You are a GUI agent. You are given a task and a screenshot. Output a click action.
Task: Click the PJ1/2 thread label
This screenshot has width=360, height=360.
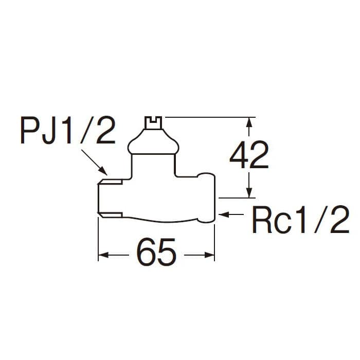point(68,130)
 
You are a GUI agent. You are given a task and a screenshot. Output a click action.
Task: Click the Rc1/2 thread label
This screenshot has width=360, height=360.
point(300,219)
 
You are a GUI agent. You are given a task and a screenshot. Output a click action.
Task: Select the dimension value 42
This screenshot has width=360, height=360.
point(249,155)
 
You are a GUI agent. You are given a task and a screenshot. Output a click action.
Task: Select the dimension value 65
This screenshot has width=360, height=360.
point(156,252)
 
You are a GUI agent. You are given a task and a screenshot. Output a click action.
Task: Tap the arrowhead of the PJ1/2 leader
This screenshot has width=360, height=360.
point(103,171)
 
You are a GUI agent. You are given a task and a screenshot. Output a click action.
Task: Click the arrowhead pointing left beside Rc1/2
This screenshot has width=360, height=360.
point(224,214)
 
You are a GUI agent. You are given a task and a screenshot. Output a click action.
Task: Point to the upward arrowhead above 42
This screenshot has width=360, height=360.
point(249,122)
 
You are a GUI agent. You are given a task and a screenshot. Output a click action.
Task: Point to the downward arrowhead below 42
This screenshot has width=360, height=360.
point(249,192)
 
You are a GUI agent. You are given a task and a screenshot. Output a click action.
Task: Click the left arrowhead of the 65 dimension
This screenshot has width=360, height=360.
point(103,255)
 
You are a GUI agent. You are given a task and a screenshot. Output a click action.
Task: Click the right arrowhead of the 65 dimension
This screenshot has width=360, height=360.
point(209,255)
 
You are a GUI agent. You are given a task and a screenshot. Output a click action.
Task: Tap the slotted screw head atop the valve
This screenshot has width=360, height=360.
point(153,122)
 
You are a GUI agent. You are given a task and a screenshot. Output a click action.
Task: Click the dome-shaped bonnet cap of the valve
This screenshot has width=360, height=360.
point(153,141)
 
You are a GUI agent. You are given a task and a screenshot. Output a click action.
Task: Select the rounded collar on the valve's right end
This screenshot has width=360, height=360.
point(206,197)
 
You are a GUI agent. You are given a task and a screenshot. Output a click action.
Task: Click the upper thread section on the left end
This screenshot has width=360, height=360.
point(110,182)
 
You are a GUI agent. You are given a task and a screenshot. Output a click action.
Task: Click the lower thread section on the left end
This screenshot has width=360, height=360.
point(110,215)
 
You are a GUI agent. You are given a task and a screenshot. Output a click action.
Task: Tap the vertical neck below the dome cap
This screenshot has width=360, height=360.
point(153,165)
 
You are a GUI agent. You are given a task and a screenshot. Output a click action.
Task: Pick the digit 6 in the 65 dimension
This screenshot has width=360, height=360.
point(146,252)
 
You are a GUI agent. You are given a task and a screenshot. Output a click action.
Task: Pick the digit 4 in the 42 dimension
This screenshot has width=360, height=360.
point(239,155)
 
